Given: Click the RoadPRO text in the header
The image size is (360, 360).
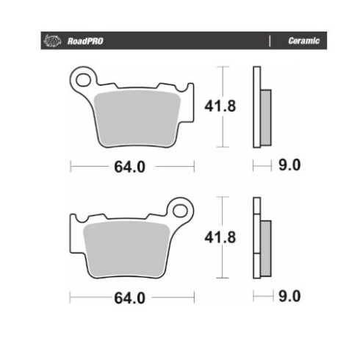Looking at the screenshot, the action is tap(85, 41).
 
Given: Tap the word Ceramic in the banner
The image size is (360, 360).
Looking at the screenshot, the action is tap(304, 40).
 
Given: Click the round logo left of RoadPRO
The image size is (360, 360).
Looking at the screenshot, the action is tap(52, 40).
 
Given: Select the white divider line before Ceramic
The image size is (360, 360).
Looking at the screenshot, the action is tap(270, 41).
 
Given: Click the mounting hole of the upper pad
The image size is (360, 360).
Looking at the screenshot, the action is tap(83, 80).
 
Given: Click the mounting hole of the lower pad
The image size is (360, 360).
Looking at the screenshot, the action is tap(180, 211).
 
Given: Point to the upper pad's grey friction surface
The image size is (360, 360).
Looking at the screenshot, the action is tap(137, 118).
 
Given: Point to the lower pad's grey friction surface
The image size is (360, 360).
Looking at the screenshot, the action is tap(126, 249).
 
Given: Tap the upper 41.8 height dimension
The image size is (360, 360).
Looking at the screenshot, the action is tap(220, 106).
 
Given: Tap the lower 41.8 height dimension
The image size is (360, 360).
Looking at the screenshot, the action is tap(220, 237).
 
